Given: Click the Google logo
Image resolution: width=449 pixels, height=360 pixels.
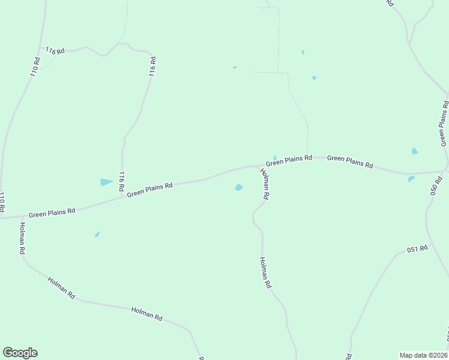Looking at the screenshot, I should click(x=20, y=353).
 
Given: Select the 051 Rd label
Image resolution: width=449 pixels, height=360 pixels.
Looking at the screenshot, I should click(x=417, y=249).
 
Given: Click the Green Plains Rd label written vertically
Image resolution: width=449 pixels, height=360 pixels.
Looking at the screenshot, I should click(x=444, y=123).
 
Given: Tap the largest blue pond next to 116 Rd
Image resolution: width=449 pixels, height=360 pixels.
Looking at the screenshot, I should click(x=106, y=182).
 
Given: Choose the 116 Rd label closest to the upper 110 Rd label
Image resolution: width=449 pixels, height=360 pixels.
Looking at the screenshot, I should click(x=54, y=51).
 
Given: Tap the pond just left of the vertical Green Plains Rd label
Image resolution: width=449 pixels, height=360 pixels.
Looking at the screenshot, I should click(x=414, y=151).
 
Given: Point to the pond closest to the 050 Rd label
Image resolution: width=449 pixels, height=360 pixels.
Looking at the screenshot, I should click(x=411, y=179).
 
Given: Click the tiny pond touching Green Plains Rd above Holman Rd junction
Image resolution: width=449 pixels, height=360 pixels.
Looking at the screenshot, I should click(x=275, y=158).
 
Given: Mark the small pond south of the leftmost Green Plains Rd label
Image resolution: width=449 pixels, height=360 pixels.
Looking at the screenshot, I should click(x=97, y=235).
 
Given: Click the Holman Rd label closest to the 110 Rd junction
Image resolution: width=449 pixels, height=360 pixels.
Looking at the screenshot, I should click(x=22, y=239).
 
